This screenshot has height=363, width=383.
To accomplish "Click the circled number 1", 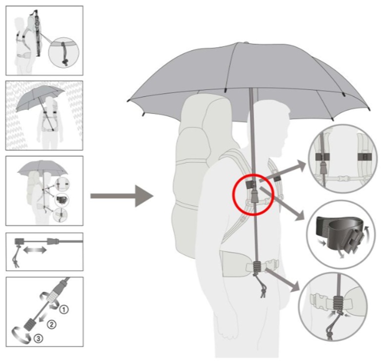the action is pos(63,310).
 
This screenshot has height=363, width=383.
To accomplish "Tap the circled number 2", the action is pos(52,325).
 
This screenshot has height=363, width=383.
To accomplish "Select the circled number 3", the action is pos(39,339).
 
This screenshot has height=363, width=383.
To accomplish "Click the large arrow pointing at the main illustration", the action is pos(122,196).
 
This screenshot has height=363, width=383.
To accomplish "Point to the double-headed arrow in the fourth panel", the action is pos(35,250).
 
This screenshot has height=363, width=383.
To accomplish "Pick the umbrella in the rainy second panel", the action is pos(40,98).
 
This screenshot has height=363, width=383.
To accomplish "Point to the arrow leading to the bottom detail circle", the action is pos(282,279).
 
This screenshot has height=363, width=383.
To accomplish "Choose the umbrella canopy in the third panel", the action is pos(42,169).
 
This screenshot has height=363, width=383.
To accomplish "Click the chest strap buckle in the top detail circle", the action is pos(341,179).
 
